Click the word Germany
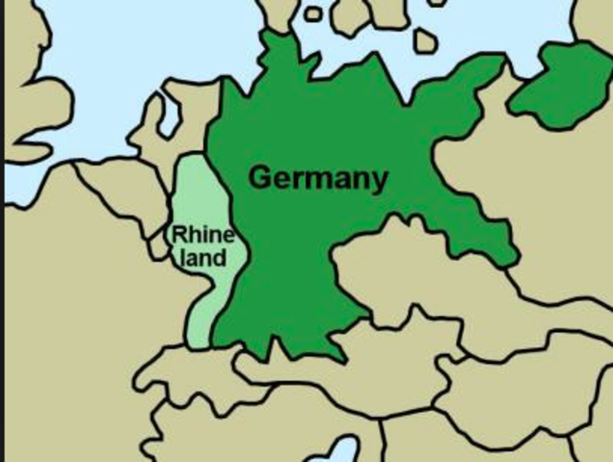[x=318, y=178]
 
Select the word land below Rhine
[x=203, y=258]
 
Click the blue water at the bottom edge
[x=342, y=450]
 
